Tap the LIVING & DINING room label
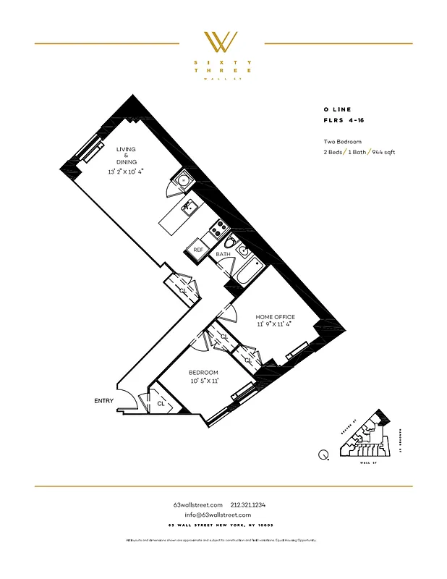[126, 156]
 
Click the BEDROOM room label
[203, 372]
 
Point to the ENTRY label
[103, 400]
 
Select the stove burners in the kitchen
[215, 232]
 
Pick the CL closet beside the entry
[161, 403]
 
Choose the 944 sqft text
[383, 152]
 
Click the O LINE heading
[337, 109]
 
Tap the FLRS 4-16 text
[344, 120]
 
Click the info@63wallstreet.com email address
[223, 515]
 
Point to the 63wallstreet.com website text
[193, 504]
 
